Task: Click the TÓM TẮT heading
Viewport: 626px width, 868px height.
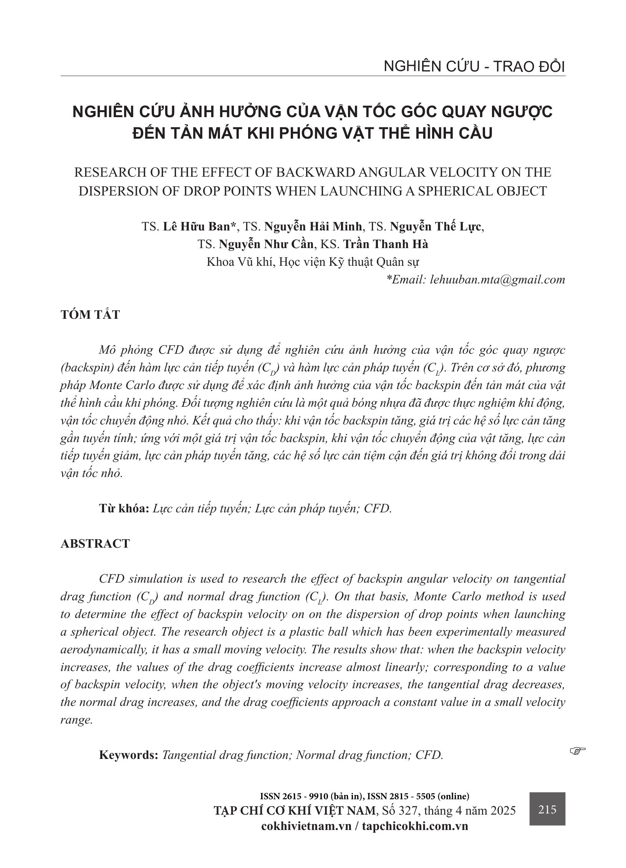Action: tap(90, 315)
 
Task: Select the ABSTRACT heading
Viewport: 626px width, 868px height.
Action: tap(95, 544)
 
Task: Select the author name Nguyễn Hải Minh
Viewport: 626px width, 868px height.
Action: tap(313, 227)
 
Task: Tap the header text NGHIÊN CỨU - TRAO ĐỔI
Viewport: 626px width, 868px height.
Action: tap(474, 67)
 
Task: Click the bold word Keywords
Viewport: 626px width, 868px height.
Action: tap(129, 755)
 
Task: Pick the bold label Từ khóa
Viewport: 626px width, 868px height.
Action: tap(124, 509)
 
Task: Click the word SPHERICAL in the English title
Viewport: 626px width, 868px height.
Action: tap(464, 191)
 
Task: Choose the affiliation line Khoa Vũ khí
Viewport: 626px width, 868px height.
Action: tap(313, 262)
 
